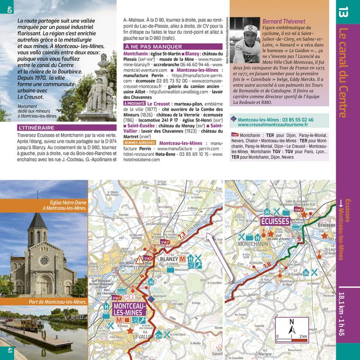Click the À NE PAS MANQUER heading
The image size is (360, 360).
[x=153, y=47]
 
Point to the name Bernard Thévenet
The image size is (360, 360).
[x=283, y=21]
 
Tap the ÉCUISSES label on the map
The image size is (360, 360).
[x=275, y=221]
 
